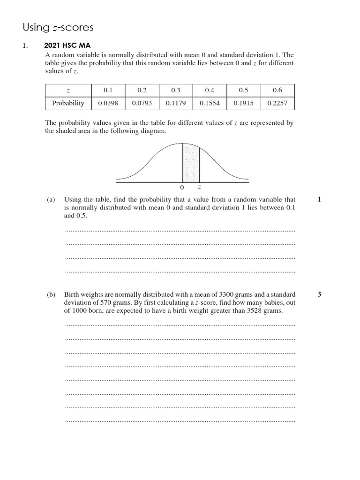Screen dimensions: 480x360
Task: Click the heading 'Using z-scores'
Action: coord(58,28)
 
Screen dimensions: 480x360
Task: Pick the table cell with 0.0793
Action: coord(142,103)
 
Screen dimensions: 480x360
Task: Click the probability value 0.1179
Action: coord(176,103)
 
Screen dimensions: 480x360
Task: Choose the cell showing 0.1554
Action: coord(210,103)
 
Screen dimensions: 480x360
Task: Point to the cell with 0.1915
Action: coord(243,103)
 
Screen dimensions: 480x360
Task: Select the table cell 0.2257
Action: coord(277,103)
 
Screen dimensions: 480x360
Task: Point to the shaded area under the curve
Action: coord(191,164)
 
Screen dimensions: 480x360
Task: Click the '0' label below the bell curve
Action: coord(182,187)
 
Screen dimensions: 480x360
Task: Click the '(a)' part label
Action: coord(51,200)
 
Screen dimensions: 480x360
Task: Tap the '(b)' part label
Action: coord(51,294)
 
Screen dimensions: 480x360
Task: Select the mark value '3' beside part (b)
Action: coord(319,294)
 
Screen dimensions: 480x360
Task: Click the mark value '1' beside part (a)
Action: coord(319,200)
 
